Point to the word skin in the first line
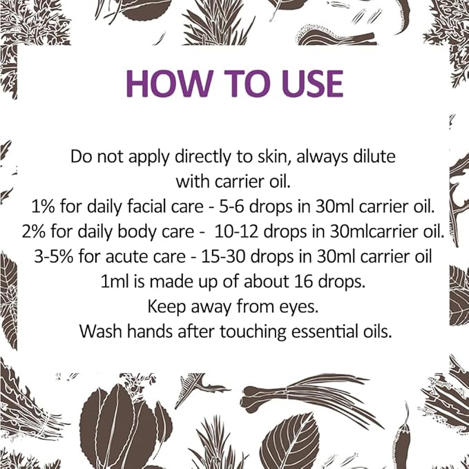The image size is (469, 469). click(265, 157)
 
